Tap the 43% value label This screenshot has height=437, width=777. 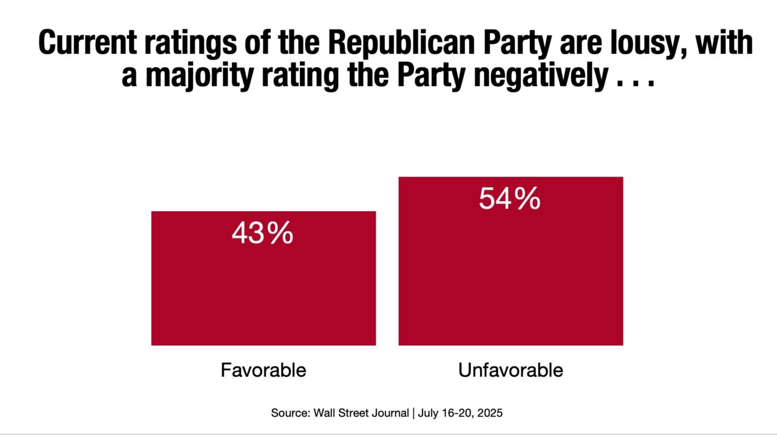click(262, 234)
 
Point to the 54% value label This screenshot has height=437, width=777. click(509, 199)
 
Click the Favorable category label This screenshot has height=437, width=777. click(263, 370)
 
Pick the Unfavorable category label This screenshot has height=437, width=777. click(511, 370)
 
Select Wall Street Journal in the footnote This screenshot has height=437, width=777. click(362, 413)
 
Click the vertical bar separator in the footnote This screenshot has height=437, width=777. click(413, 413)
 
